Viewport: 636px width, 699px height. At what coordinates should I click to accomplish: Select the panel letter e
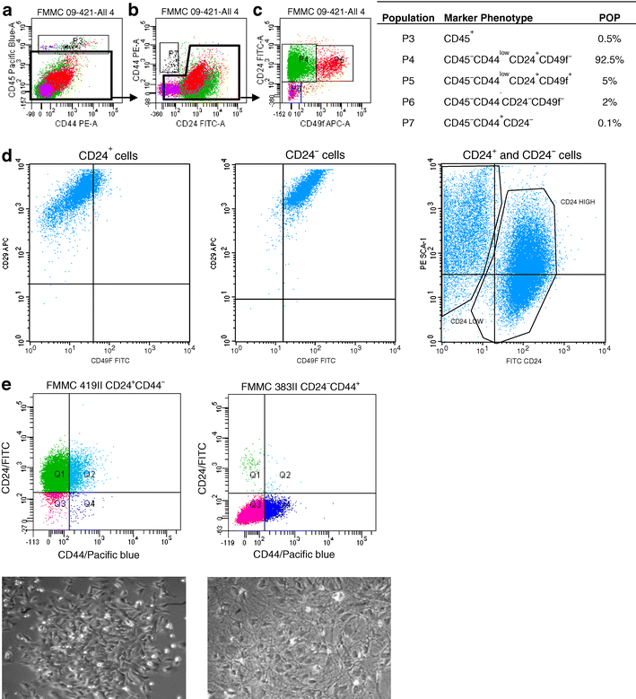point(8,385)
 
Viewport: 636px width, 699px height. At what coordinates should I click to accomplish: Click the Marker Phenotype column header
point(485,17)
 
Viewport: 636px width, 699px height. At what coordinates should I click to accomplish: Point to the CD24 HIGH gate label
point(577,203)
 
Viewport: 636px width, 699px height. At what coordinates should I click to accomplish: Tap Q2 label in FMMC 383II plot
point(285,474)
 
